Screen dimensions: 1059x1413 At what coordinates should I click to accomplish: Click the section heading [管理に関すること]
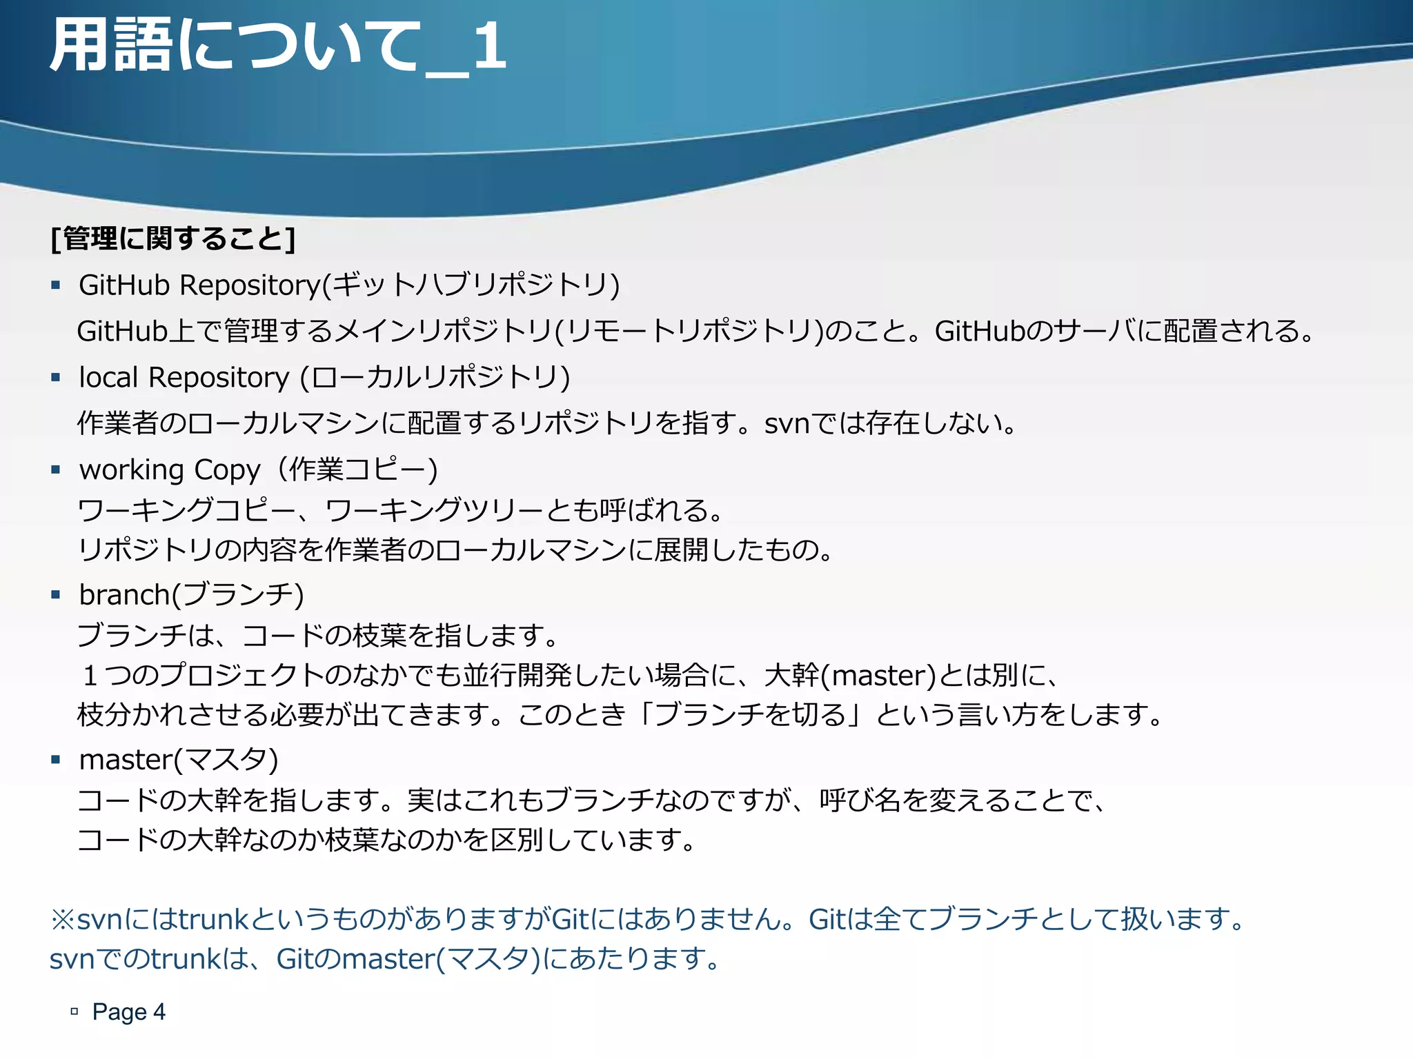pos(173,239)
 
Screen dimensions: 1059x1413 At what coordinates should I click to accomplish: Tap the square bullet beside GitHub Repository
pos(56,285)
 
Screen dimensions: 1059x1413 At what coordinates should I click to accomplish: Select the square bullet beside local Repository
pos(56,377)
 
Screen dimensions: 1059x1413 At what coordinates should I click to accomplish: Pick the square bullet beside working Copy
pos(56,470)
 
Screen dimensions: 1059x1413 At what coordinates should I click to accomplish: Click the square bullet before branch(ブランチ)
pos(56,594)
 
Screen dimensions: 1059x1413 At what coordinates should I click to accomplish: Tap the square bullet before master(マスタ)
pos(56,760)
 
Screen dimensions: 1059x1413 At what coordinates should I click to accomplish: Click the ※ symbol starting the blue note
pos(62,920)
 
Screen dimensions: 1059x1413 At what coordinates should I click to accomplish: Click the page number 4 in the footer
pos(159,1012)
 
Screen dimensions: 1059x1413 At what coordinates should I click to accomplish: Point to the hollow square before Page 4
pos(75,1012)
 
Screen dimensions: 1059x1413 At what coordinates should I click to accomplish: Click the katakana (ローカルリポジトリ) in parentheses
pos(435,378)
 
